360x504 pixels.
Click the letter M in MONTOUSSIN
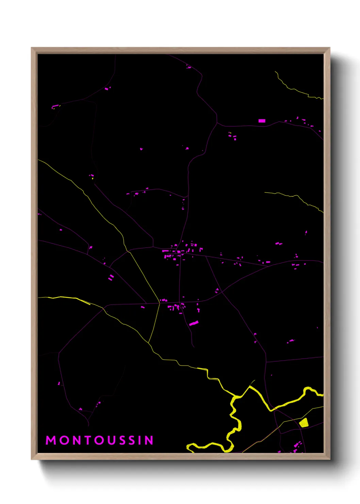51,440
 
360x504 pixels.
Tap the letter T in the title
88,440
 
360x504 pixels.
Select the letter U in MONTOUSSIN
112,440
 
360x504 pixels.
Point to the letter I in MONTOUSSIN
140,440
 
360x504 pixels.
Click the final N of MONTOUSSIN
149,440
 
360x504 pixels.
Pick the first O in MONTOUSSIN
64,440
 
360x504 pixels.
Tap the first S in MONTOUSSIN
122,440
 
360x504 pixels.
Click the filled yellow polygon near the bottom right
304,423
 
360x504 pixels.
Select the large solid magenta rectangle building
262,121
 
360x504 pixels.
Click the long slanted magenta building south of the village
194,323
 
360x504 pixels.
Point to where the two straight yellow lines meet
159,302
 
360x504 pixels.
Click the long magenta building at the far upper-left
55,107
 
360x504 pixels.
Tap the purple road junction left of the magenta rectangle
217,123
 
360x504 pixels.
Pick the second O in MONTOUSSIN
100,440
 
